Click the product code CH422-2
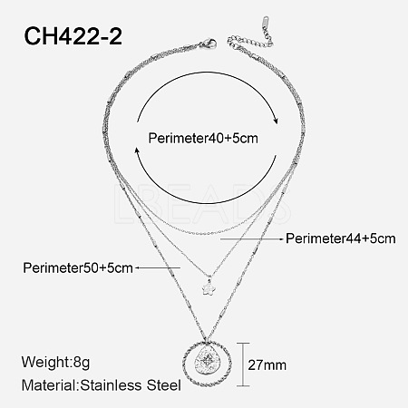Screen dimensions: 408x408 [x=73, y=36]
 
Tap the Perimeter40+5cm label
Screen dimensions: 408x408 [x=203, y=139]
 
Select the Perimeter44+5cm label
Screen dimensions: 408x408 [x=341, y=238]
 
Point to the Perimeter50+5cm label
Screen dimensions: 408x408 [x=78, y=267]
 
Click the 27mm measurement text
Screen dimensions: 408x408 [x=267, y=365]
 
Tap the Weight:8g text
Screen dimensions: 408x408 [x=55, y=362]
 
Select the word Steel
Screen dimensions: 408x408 [x=164, y=385]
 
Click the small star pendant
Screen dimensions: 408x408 [x=208, y=287]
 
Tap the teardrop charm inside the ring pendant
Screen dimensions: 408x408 [x=207, y=362]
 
